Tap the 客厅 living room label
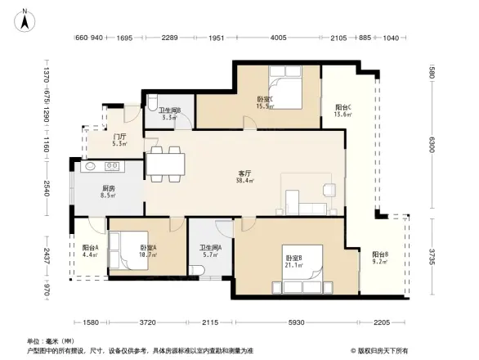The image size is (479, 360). coord(244,173)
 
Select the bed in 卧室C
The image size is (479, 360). coord(284,88)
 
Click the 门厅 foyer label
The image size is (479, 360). coord(119,137)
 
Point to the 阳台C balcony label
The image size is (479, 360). coord(343,107)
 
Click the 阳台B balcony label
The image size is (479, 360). coord(380,254)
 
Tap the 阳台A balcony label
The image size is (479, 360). coord(90,247)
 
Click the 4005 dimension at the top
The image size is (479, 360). coord(278,38)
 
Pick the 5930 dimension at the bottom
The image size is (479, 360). coord(295,322)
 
